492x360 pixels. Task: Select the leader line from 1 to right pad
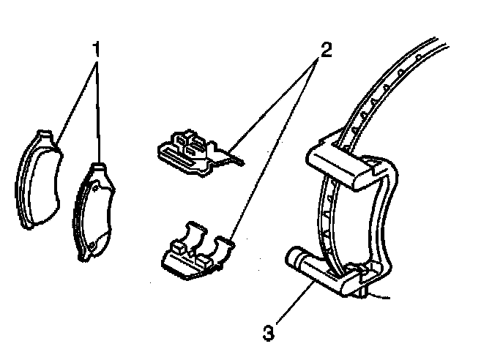[98, 110]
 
